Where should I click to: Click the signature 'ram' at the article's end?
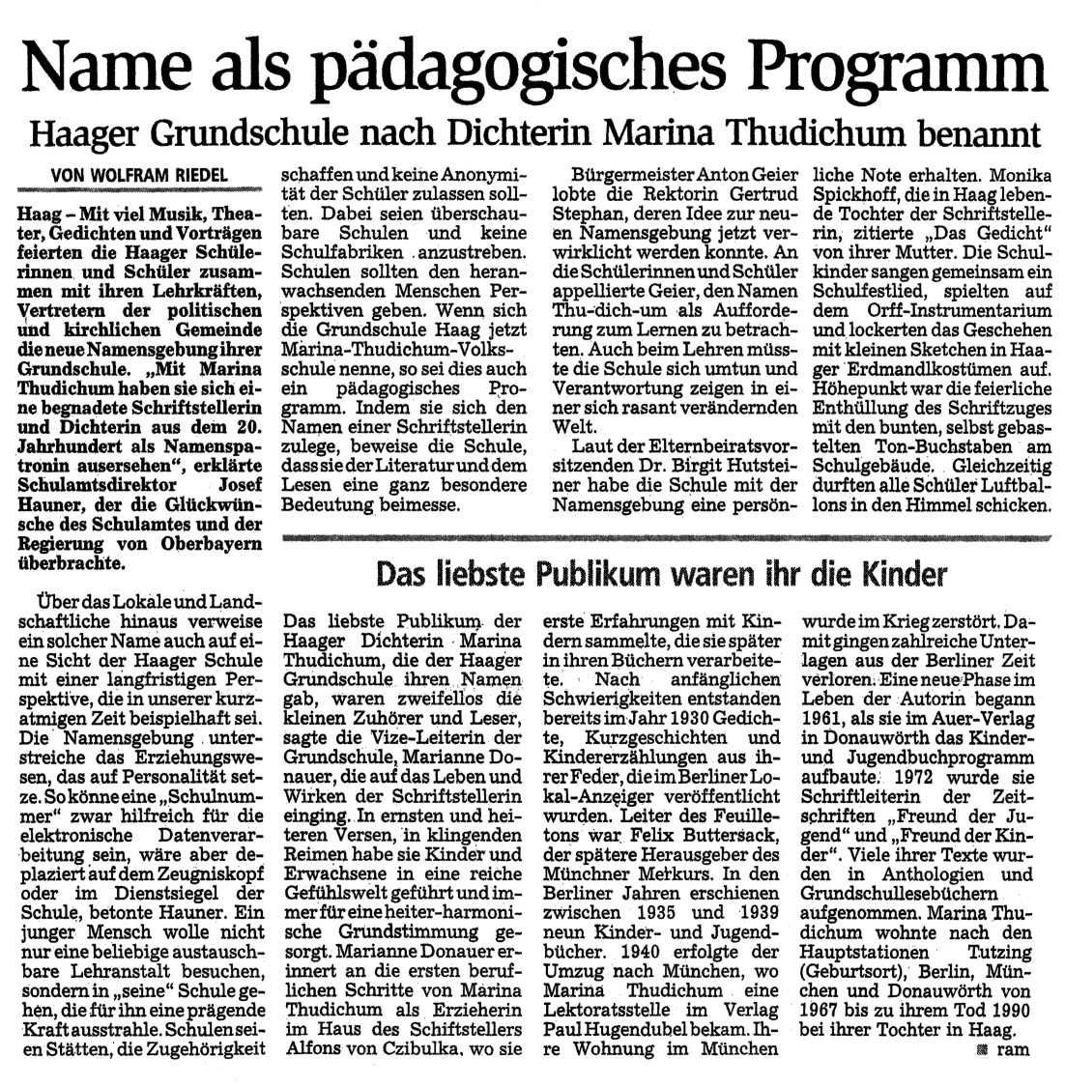click(x=1013, y=1047)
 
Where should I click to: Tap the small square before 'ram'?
click(x=984, y=1048)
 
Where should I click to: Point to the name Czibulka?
click(x=458, y=1046)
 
